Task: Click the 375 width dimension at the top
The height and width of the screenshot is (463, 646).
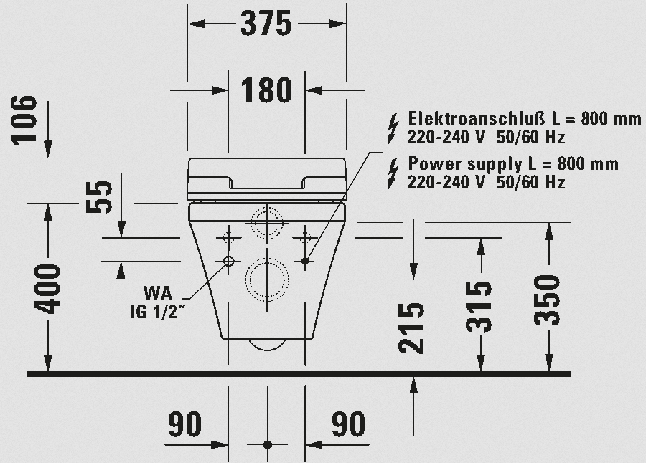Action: tap(266, 24)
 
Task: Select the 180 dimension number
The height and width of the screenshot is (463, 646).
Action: tap(266, 90)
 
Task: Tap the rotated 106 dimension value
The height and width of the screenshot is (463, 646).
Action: tap(24, 120)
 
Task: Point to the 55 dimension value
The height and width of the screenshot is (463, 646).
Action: tap(99, 197)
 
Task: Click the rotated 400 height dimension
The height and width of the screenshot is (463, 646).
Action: tap(47, 290)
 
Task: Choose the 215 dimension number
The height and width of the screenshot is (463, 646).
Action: tap(411, 328)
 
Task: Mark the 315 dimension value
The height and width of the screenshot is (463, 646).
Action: tap(479, 307)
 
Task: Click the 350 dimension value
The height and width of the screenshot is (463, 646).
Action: tap(547, 300)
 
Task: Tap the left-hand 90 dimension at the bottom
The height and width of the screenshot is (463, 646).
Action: tap(185, 424)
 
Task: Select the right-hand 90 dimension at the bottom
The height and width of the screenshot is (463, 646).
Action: tap(349, 424)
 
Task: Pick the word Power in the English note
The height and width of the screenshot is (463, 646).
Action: tap(435, 164)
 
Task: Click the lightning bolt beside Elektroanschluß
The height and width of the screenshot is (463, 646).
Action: tap(394, 128)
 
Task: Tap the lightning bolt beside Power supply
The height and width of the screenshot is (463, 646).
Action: tap(394, 173)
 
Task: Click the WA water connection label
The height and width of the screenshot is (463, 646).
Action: tap(158, 293)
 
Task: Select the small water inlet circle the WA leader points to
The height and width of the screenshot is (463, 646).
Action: tap(229, 261)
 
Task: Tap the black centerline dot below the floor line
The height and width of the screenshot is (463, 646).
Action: tap(268, 444)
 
